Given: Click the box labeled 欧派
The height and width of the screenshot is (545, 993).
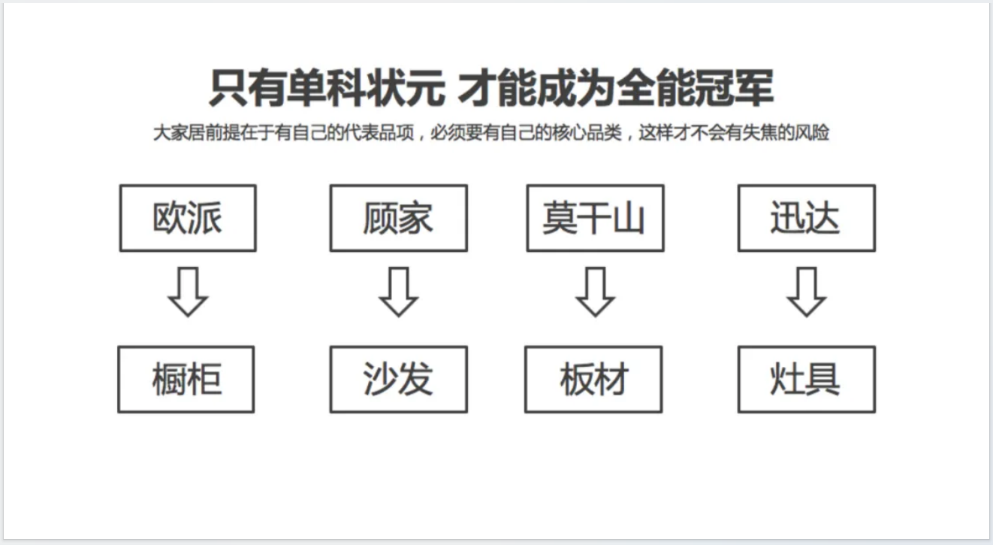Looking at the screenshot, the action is pos(188,218).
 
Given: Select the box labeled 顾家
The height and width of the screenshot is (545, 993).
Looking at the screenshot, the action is pos(399,218).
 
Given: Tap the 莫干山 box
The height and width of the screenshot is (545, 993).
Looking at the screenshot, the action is pos(596,218).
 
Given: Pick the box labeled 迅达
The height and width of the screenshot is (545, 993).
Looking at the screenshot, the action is pos(807,218).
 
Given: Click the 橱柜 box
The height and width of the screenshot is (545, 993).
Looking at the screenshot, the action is pos(186,380).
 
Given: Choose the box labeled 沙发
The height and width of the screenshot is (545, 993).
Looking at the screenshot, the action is pos(399,380).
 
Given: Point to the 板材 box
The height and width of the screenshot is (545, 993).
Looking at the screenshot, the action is pos(593,380).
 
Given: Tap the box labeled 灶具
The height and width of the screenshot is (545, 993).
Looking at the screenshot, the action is pos(807,380).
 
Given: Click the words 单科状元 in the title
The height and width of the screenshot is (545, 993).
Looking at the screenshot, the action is pos(366,88).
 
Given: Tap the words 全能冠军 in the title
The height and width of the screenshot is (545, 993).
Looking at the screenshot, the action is pos(695,88).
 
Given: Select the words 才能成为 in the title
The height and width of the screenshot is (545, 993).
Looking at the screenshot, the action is pos(536,88).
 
